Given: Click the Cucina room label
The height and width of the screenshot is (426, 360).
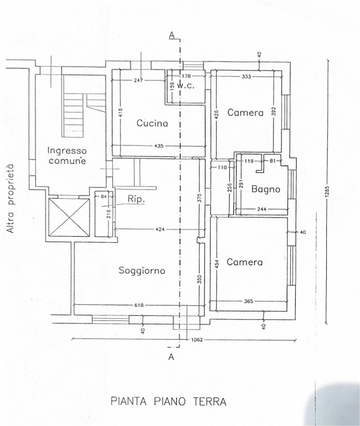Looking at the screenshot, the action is [x=152, y=123].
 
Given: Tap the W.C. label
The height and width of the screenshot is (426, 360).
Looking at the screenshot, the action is [x=186, y=86].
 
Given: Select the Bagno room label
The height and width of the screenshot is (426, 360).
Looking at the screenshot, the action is [x=266, y=189].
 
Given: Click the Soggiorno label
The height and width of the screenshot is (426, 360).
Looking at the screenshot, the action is [x=142, y=271].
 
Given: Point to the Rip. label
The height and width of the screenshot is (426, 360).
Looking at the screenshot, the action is [x=136, y=199].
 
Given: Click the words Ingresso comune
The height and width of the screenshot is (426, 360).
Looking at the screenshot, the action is [x=67, y=155].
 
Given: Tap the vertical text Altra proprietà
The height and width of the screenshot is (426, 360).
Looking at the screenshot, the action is [x=11, y=199].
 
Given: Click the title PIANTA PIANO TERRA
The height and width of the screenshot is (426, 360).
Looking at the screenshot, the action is [x=168, y=401].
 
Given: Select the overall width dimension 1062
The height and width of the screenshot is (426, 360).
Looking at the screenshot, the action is [x=197, y=340].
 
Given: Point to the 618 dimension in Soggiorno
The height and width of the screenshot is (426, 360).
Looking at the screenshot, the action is [x=139, y=305].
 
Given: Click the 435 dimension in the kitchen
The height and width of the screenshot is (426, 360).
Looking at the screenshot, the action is [x=159, y=146].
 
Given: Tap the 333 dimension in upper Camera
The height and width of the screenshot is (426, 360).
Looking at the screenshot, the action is [x=246, y=76].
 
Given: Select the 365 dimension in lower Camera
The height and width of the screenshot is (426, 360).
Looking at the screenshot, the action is [x=249, y=301].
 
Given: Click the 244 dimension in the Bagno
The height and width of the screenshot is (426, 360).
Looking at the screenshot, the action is [x=261, y=209].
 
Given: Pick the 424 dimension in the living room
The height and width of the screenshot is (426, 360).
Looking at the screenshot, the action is [x=160, y=229].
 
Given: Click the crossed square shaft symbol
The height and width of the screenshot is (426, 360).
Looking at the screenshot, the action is [x=69, y=217].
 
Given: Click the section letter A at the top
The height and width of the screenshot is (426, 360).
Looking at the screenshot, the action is [x=172, y=35].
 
